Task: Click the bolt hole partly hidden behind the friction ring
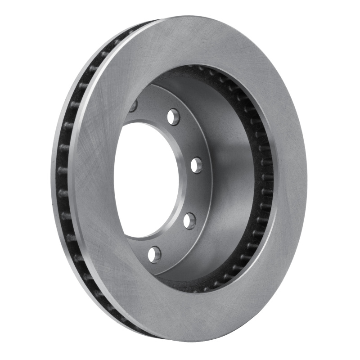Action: click(x=133, y=106)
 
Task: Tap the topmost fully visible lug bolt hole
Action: click(x=173, y=117)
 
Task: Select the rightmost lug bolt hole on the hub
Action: click(x=196, y=165)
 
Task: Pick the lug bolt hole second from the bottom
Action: click(x=189, y=220)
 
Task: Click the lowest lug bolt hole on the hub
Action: click(x=154, y=254)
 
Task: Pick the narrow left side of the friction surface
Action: click(x=92, y=180)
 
